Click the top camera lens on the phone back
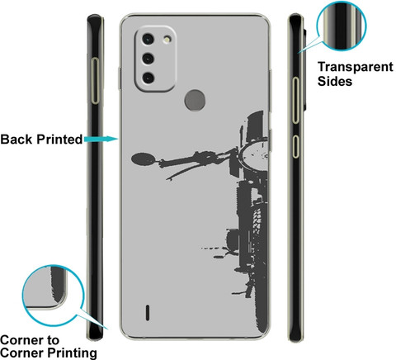click(148, 39)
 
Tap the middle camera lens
click(148, 59)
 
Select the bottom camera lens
click(148, 78)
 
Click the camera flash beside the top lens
click(166, 39)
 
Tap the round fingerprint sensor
click(195, 100)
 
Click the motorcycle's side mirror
click(144, 159)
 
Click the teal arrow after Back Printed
click(101, 139)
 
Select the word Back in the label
click(16, 140)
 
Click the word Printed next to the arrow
click(59, 140)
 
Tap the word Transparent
click(356, 67)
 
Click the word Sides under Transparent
click(335, 81)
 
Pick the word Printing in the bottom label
click(72, 353)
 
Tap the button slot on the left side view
click(96, 81)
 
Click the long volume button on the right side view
click(295, 100)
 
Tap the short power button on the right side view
click(295, 147)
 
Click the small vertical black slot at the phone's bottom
click(148, 312)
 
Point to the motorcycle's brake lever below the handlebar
click(182, 172)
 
